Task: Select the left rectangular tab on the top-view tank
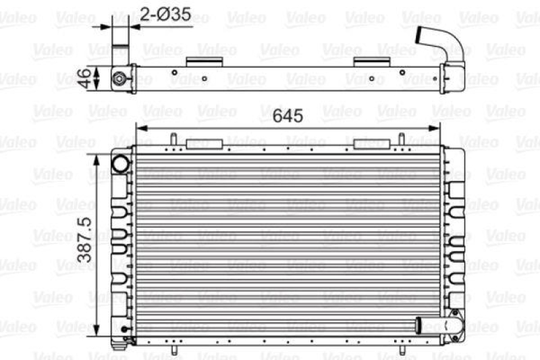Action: pyautogui.click(x=205, y=61)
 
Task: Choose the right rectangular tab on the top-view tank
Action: pyautogui.click(x=372, y=61)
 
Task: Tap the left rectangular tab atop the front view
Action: pyautogui.click(x=205, y=144)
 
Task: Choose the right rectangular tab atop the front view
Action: pyautogui.click(x=371, y=144)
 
